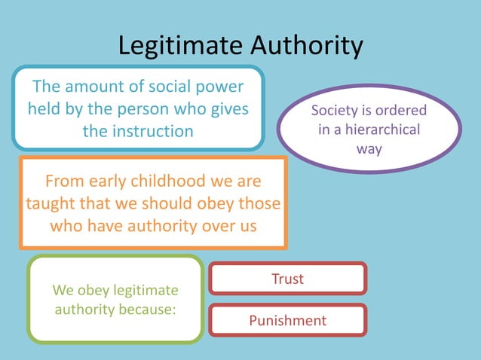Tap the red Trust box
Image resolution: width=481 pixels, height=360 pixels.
coord(287,279)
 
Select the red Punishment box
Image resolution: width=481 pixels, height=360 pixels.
coord(287,321)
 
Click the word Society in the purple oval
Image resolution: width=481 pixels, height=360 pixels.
coord(336,111)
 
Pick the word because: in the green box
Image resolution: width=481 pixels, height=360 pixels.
coord(153,309)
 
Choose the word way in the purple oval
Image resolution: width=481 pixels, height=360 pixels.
coord(369,148)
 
